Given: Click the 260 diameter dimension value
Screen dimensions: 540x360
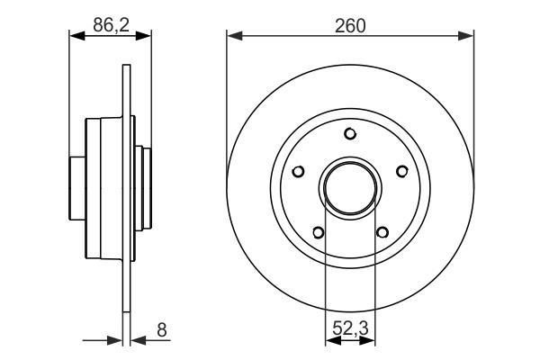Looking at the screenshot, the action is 350,26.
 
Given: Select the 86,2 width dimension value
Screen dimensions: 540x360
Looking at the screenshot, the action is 111,25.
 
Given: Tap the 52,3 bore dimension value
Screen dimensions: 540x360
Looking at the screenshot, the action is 351,328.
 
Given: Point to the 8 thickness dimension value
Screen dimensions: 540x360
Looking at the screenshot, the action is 161,330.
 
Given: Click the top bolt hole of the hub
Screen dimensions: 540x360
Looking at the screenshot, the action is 350,134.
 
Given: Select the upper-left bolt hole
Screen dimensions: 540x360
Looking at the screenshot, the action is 298,171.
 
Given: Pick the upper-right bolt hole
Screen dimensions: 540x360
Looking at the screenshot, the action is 402,171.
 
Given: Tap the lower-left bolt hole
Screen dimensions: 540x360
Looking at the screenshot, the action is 319,232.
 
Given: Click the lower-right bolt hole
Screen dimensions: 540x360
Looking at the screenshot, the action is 382,232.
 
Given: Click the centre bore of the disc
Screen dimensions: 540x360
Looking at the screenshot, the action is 350,188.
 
